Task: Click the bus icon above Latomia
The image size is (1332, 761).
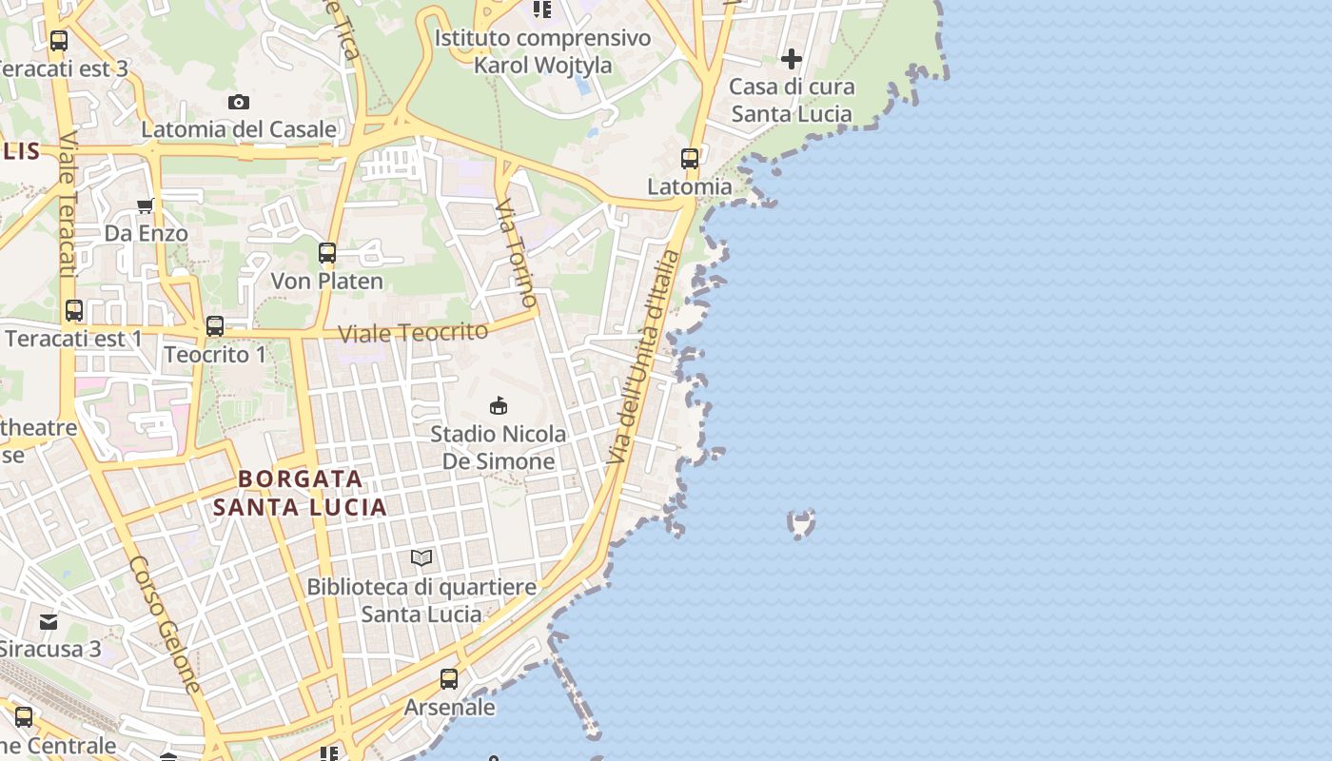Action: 690,159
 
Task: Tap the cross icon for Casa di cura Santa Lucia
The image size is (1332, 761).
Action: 791,59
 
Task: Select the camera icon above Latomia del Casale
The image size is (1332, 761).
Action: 239,102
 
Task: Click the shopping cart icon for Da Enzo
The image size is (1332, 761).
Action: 146,205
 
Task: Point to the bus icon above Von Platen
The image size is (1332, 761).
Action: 327,253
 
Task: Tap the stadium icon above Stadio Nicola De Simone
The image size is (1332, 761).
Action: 498,406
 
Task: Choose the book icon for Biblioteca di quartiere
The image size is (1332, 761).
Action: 421,558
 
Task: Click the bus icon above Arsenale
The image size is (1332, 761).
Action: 449,679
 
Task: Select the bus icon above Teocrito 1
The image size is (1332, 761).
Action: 215,326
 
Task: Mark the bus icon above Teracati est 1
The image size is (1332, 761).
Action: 73,310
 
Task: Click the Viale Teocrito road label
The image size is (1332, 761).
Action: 413,333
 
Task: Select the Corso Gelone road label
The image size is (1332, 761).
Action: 166,624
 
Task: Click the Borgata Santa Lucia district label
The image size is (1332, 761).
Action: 300,493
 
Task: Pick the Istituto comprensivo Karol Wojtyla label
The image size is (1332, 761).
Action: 543,52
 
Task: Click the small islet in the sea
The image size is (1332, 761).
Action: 801,523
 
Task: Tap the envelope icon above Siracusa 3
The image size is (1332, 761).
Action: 48,622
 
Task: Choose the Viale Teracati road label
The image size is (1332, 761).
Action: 67,205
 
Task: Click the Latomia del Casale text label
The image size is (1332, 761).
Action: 239,129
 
